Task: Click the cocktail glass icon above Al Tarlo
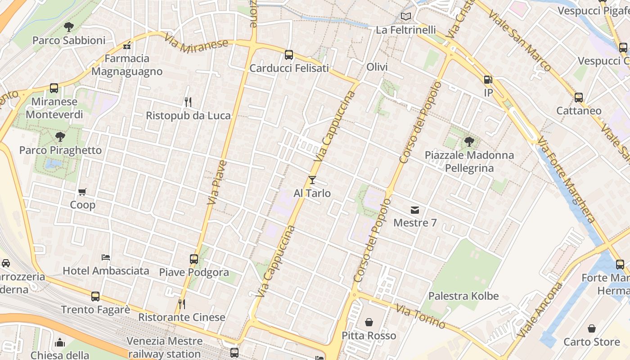pyautogui.click(x=312, y=180)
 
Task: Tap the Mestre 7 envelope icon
pyautogui.click(x=414, y=210)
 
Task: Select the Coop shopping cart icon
pyautogui.click(x=82, y=192)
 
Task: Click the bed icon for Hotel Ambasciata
pyautogui.click(x=106, y=257)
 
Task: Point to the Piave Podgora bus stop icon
pyautogui.click(x=194, y=259)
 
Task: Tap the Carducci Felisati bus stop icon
pyautogui.click(x=289, y=55)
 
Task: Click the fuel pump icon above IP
pyautogui.click(x=488, y=80)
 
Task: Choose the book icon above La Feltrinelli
pyautogui.click(x=406, y=17)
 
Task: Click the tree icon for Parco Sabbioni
pyautogui.click(x=68, y=27)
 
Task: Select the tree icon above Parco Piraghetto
pyautogui.click(x=60, y=137)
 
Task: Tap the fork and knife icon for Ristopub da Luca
pyautogui.click(x=188, y=102)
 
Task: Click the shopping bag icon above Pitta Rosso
pyautogui.click(x=369, y=322)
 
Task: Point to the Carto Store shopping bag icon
pyautogui.click(x=592, y=329)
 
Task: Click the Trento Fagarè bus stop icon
pyautogui.click(x=95, y=297)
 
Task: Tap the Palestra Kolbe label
pyautogui.click(x=463, y=296)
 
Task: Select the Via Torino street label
pyautogui.click(x=420, y=316)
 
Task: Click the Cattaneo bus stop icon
pyautogui.click(x=579, y=97)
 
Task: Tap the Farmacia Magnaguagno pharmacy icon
pyautogui.click(x=127, y=45)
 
